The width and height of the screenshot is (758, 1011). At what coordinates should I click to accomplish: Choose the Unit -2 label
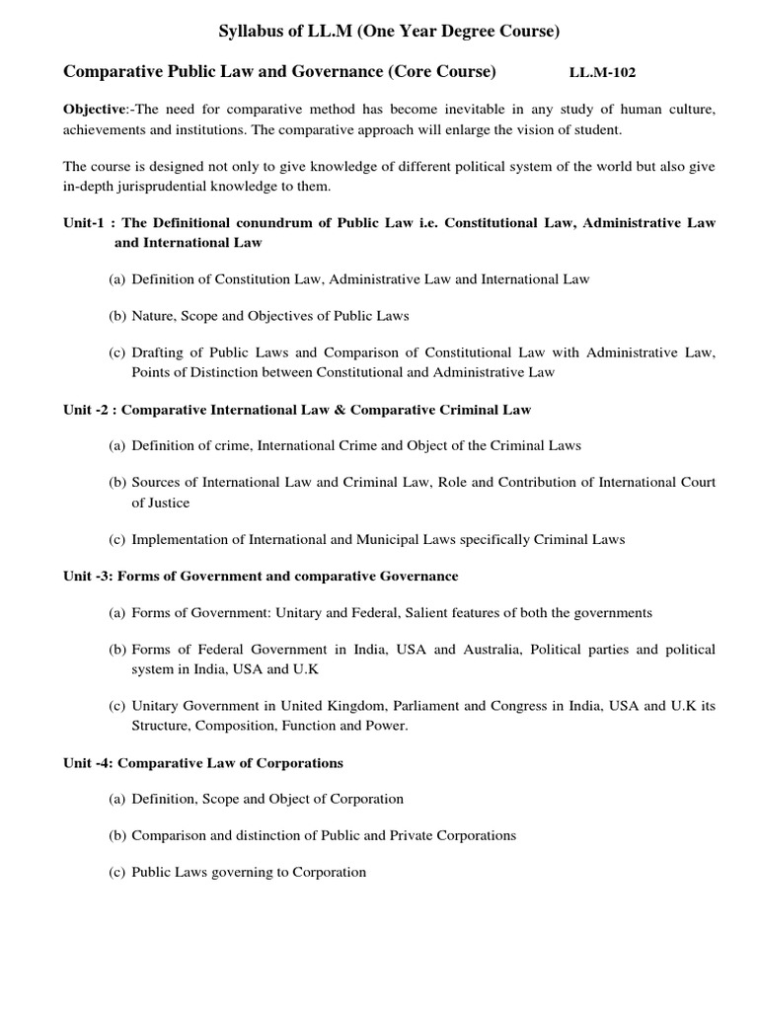click(87, 409)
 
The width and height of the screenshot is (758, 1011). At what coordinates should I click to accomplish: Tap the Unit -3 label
click(87, 576)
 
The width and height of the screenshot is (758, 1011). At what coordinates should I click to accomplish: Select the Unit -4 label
click(87, 762)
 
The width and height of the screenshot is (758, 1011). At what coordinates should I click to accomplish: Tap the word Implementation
click(181, 539)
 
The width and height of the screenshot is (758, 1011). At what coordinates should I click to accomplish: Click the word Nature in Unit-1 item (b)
click(153, 316)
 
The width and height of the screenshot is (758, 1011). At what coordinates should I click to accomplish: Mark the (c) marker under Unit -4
click(117, 872)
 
